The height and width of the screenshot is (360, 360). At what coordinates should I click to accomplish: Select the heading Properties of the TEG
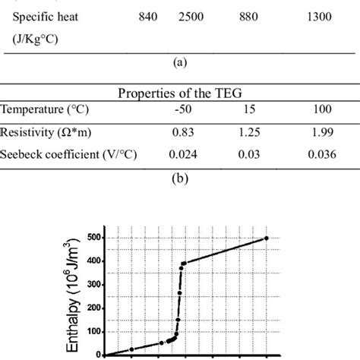coord(180,93)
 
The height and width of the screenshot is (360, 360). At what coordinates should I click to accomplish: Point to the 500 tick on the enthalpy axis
coord(91,237)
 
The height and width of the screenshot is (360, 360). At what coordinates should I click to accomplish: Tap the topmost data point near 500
coord(266,238)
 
